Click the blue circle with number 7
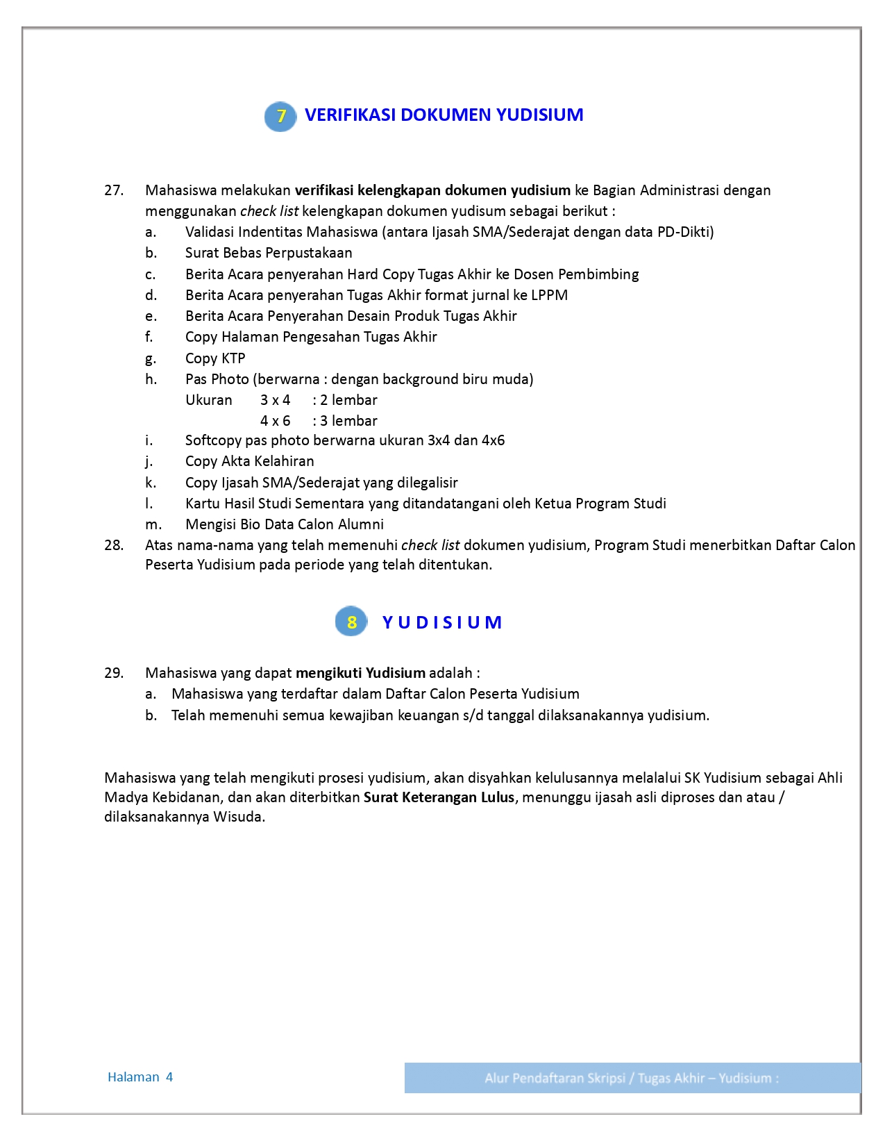point(280,115)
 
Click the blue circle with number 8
point(351,622)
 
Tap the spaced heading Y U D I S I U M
point(442,622)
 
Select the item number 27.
point(114,190)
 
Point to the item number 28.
point(114,545)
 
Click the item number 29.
point(114,673)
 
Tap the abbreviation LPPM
point(549,295)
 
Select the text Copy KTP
point(215,358)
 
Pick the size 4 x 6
point(275,421)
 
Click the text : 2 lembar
point(345,400)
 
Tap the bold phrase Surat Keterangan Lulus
point(439,797)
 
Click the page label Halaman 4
point(140,1077)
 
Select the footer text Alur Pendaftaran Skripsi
point(555,1078)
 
